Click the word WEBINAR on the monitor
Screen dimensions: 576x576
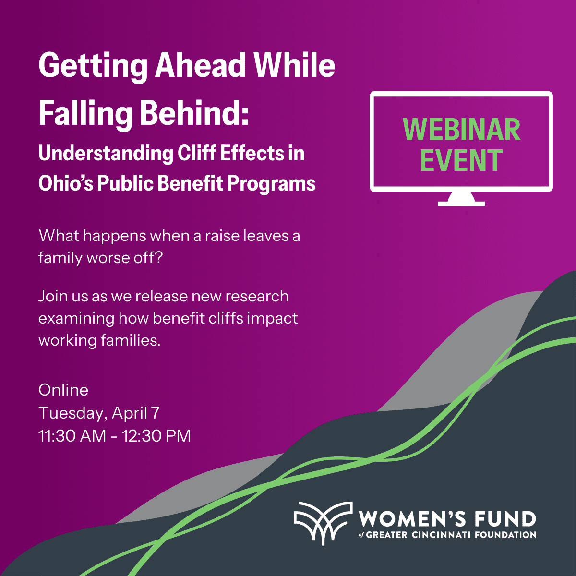pyautogui.click(x=461, y=129)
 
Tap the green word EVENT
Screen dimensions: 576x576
pyautogui.click(x=461, y=160)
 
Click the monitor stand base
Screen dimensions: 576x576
pyautogui.click(x=461, y=204)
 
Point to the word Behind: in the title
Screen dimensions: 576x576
pyautogui.click(x=194, y=113)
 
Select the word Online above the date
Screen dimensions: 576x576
pyautogui.click(x=63, y=390)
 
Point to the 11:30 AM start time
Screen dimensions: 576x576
pyautogui.click(x=72, y=436)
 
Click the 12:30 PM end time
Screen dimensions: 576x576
pyautogui.click(x=156, y=436)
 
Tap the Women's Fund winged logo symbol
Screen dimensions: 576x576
pyautogui.click(x=323, y=522)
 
